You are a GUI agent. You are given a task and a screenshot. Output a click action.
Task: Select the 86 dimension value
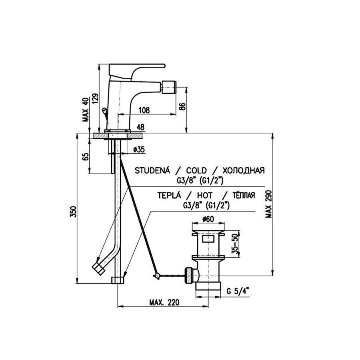(x=182, y=107)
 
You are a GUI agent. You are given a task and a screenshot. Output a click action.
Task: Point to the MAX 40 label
(x=86, y=110)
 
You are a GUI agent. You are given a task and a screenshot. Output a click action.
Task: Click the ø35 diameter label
(x=139, y=150)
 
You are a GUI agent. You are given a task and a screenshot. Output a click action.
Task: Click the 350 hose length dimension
(x=73, y=212)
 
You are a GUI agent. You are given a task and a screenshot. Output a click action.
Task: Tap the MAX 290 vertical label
(x=268, y=204)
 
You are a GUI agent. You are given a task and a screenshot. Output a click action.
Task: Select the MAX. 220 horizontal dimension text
(x=164, y=302)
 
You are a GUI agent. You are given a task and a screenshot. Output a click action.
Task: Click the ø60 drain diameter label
(x=208, y=219)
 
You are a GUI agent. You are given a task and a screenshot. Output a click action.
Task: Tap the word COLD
(x=196, y=170)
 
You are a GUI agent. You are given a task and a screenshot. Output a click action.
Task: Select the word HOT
(x=204, y=195)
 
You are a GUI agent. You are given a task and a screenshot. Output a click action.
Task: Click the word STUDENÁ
(x=152, y=170)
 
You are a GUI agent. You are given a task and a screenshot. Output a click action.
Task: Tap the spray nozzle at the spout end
(x=169, y=87)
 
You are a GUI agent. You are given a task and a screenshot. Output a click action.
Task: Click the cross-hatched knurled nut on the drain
(x=189, y=275)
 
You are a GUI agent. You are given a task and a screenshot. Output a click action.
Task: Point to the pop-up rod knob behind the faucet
(x=104, y=111)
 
